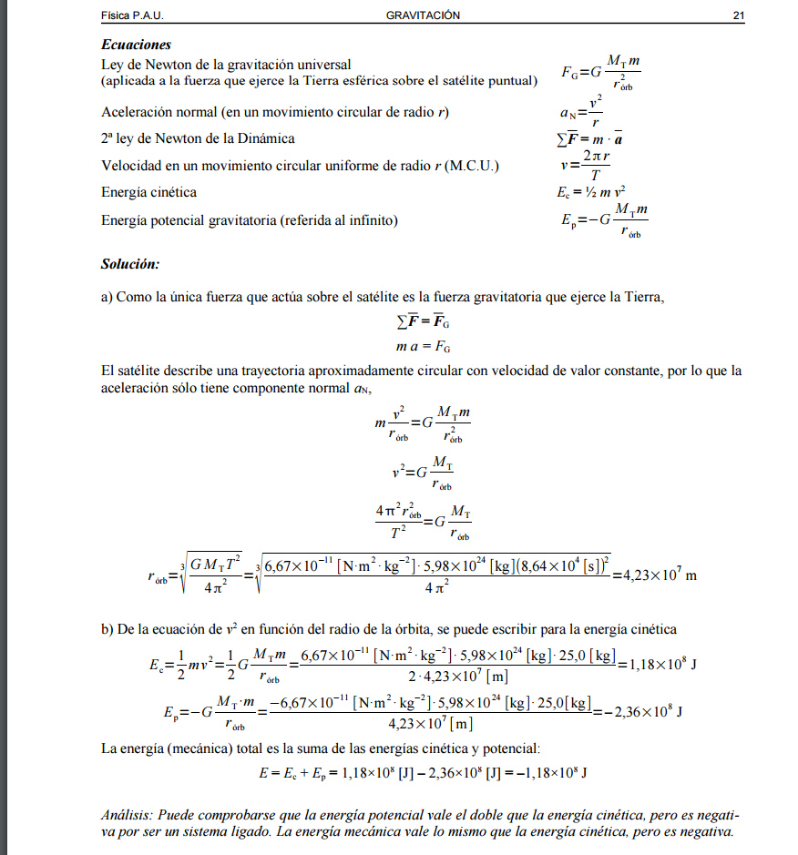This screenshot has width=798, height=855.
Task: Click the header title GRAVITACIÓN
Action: (423, 15)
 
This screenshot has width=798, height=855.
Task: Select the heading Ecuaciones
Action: (136, 45)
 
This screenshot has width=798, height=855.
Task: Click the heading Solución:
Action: (130, 264)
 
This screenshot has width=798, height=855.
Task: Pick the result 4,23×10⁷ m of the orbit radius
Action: (654, 575)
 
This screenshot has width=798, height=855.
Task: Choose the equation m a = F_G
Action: (423, 347)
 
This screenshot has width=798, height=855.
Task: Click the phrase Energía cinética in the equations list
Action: (148, 192)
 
